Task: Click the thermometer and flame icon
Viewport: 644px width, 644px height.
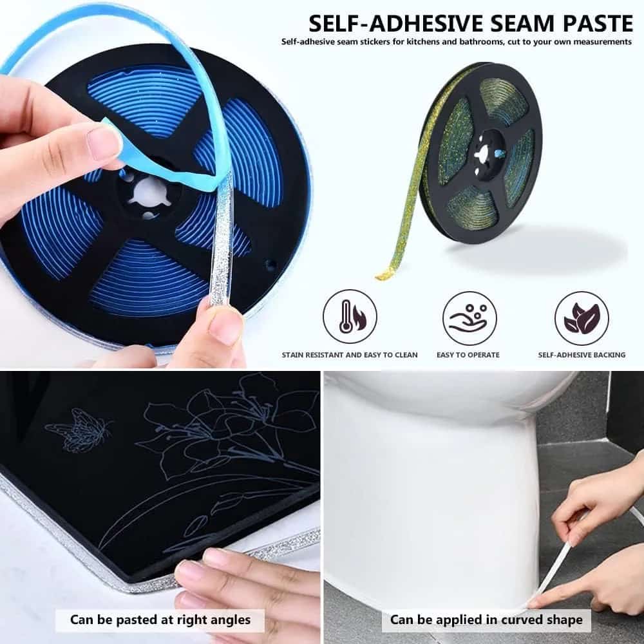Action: click(x=350, y=317)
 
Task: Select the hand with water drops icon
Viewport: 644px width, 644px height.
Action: click(x=469, y=317)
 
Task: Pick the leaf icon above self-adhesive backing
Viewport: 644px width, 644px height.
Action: click(x=582, y=317)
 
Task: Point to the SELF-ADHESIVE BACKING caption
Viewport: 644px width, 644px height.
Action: click(x=582, y=355)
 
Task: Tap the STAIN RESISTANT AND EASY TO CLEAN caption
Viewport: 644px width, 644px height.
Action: click(x=350, y=355)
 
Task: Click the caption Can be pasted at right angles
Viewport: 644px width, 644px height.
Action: click(x=160, y=620)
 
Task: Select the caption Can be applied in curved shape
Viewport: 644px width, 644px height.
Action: click(x=486, y=620)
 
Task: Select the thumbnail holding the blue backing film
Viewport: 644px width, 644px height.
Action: click(x=104, y=143)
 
